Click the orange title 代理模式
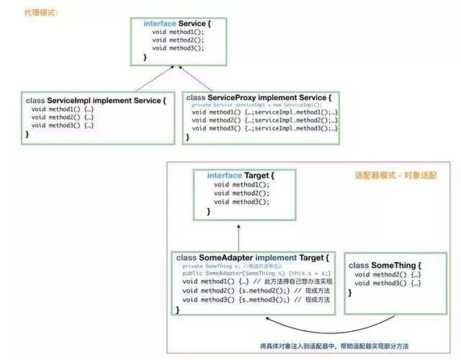pos(42,13)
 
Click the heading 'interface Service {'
pos(176,24)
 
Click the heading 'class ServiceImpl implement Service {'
pos(95,100)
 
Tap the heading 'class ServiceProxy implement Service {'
pos(259,97)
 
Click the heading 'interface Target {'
pos(240,175)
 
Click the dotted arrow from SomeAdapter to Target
pos(238,234)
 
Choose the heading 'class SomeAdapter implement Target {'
pos(252,258)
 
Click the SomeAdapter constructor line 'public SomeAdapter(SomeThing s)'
pos(256,274)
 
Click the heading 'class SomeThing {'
pos(385,266)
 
